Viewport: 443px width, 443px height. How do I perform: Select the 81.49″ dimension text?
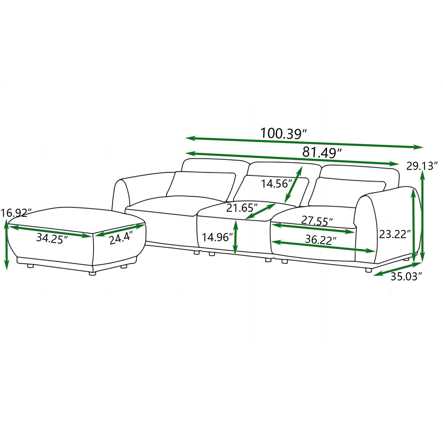tap(322, 152)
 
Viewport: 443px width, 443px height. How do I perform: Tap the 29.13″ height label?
tap(422, 166)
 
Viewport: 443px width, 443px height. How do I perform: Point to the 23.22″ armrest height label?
tap(394, 234)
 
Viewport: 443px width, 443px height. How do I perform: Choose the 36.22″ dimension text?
tap(320, 239)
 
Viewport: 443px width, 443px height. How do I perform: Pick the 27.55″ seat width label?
tap(317, 221)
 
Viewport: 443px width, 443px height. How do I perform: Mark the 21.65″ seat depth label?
tap(242, 208)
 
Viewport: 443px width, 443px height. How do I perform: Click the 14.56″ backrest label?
tap(277, 183)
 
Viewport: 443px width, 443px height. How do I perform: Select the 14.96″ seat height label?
tap(217, 237)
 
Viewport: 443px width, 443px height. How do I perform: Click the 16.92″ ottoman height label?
tap(16, 213)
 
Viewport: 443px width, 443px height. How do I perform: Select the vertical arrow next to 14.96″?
tap(235, 237)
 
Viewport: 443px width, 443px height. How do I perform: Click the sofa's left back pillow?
tap(201, 183)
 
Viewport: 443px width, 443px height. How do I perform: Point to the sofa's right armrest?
tap(388, 221)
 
